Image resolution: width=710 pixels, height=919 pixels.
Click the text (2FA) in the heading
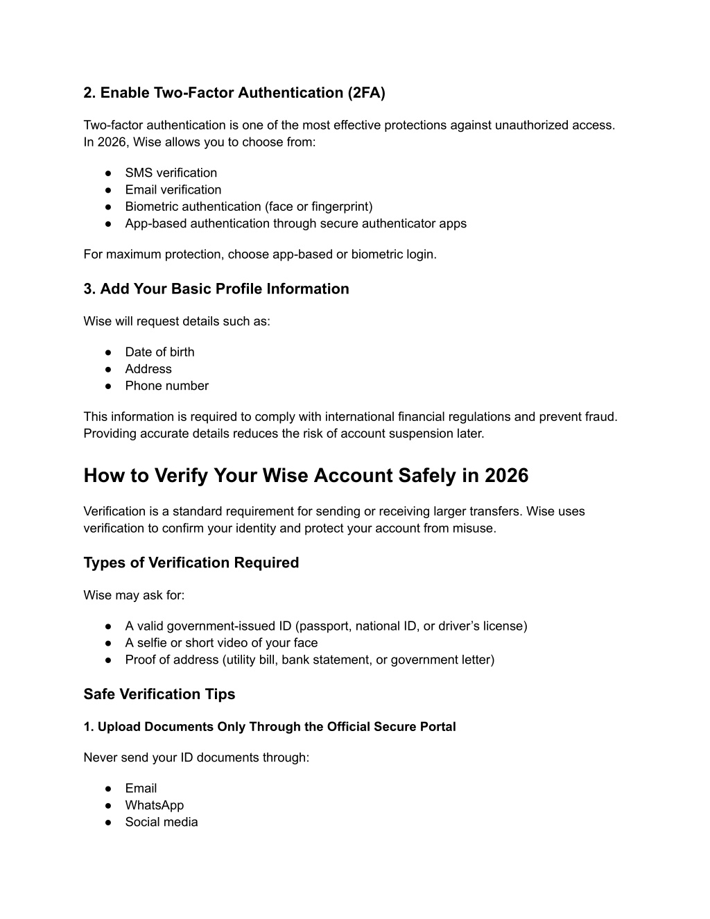[x=366, y=93]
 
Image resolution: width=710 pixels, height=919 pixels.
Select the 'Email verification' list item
[x=173, y=189]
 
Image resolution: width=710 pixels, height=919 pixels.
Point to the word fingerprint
[x=340, y=207]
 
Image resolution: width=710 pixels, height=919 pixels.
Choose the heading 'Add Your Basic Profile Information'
[x=224, y=289]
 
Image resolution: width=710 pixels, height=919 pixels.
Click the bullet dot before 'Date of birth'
[x=109, y=352]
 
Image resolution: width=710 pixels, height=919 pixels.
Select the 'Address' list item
[x=148, y=369]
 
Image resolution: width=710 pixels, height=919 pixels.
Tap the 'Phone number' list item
[x=166, y=386]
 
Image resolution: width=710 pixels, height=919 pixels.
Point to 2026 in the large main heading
[x=506, y=476]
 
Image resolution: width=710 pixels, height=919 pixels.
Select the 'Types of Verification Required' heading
[x=191, y=562]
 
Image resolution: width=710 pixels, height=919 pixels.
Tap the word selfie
[x=152, y=643]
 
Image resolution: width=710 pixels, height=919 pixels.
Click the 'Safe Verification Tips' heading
[x=159, y=694]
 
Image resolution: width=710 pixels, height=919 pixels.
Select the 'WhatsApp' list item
[x=154, y=805]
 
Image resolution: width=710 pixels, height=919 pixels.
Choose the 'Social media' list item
[x=161, y=822]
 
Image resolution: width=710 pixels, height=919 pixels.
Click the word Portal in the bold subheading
[x=436, y=727]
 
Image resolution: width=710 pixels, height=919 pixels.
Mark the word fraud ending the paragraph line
[x=600, y=417]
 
